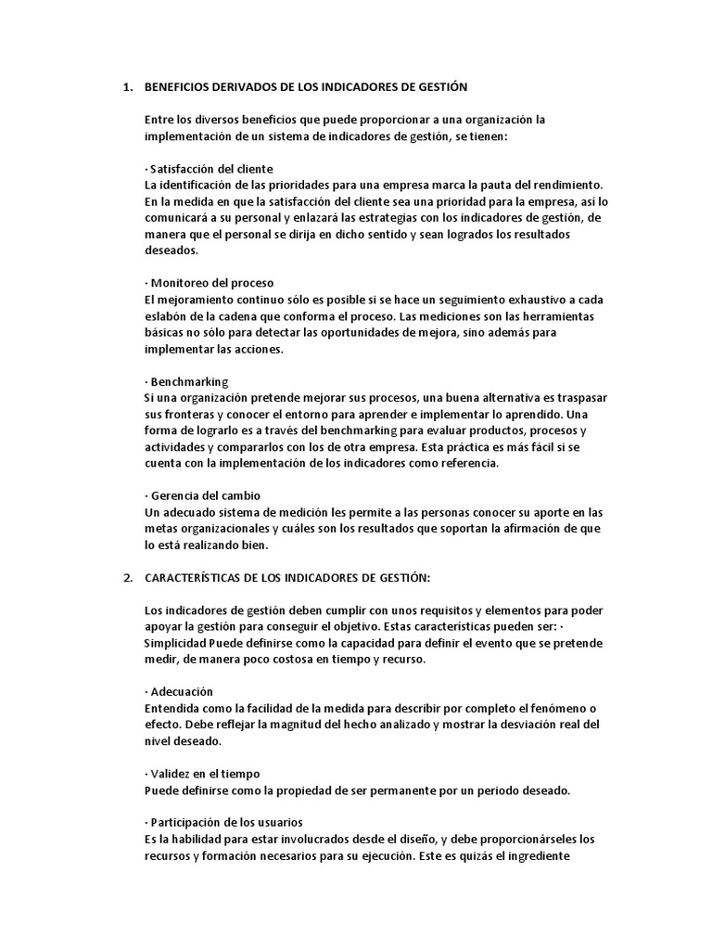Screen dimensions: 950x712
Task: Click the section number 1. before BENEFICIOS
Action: coord(129,87)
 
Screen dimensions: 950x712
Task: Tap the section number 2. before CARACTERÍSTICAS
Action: coord(129,578)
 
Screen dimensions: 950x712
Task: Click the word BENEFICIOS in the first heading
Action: coord(182,87)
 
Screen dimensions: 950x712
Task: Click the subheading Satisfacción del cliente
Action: coord(210,169)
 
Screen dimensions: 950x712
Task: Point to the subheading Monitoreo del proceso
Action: coord(210,283)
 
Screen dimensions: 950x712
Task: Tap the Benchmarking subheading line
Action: coord(187,381)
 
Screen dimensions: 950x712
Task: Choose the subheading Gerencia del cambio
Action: coord(205,496)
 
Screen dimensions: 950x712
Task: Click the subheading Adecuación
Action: coord(180,692)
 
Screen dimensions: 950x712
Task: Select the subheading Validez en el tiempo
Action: coord(203,774)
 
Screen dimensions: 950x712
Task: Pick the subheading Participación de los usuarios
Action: coord(223,823)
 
